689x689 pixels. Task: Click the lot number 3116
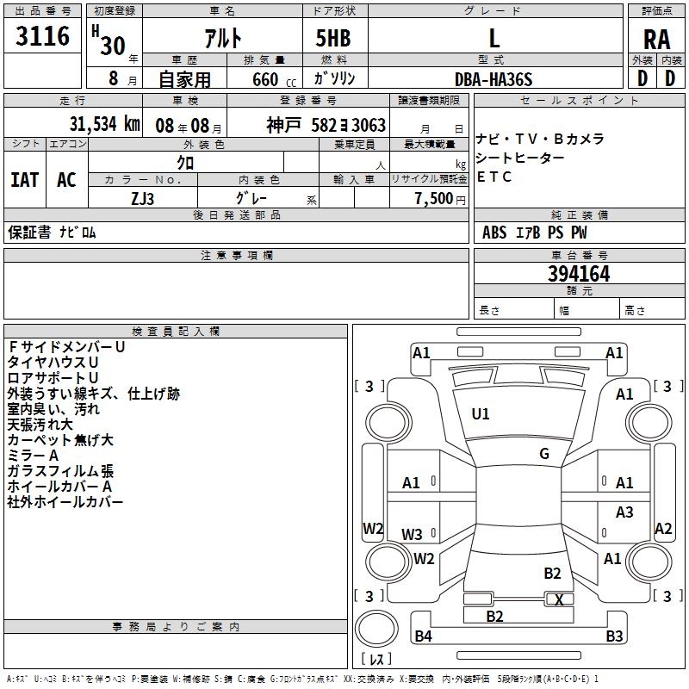[x=42, y=37]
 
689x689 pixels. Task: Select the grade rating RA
[x=656, y=39]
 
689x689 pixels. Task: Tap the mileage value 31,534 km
[x=104, y=124]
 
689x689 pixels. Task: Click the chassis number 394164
[x=579, y=274]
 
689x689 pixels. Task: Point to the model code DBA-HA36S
[x=493, y=79]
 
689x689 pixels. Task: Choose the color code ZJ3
[x=143, y=198]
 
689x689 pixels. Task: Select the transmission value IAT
[x=25, y=180]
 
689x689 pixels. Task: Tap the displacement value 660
[x=264, y=80]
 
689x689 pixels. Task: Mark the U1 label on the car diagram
[x=481, y=414]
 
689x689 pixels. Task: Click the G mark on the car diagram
[x=544, y=454]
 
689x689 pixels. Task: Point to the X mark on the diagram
[x=560, y=599]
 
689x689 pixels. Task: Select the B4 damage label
[x=423, y=636]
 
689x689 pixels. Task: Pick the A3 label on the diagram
[x=624, y=512]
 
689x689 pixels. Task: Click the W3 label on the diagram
[x=413, y=534]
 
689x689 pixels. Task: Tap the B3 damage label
[x=614, y=636]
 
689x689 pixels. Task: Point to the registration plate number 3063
[x=368, y=125]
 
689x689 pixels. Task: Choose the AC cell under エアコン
[x=66, y=180]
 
